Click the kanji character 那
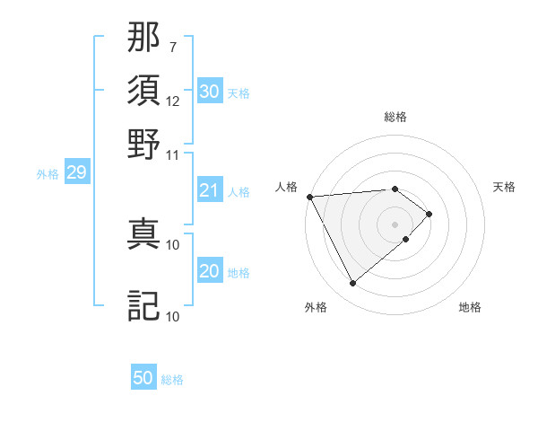pyautogui.click(x=144, y=40)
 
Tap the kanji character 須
pyautogui.click(x=144, y=92)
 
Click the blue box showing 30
pyautogui.click(x=209, y=92)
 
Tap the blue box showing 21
pyautogui.click(x=209, y=190)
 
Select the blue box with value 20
pyautogui.click(x=209, y=271)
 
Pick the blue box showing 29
pyautogui.click(x=76, y=172)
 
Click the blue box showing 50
pyautogui.click(x=143, y=379)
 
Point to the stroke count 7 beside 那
pyautogui.click(x=173, y=45)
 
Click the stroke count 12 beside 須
pyautogui.click(x=173, y=101)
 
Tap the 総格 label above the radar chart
pyautogui.click(x=395, y=117)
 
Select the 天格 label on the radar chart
pyautogui.click(x=505, y=187)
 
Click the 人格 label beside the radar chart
pyautogui.click(x=287, y=187)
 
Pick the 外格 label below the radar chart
pyautogui.click(x=316, y=308)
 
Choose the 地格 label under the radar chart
pyautogui.click(x=470, y=308)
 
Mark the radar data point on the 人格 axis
pyautogui.click(x=309, y=196)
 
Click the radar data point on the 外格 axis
pyautogui.click(x=352, y=284)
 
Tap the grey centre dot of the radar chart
pyautogui.click(x=395, y=224)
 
